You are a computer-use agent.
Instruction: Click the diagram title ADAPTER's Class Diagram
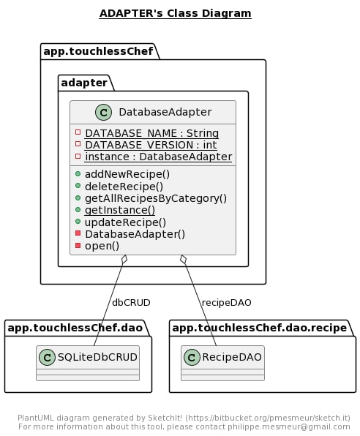pos(176,13)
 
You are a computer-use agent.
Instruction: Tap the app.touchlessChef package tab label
pos(98,51)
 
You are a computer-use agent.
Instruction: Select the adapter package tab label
pos(84,83)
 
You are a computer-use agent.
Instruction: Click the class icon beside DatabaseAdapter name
pos(103,113)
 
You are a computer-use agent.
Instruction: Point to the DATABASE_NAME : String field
pos(152,133)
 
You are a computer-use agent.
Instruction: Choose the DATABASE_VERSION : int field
pos(151,145)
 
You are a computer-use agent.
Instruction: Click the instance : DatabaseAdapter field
pos(159,157)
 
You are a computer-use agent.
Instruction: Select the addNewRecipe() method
pos(127,174)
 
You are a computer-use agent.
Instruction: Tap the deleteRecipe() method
pos(124,187)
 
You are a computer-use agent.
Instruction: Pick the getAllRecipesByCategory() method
pos(156,198)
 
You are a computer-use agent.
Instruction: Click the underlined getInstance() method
pos(120,210)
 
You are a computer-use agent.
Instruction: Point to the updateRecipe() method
pos(125,222)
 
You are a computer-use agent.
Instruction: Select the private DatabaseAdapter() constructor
pos(135,234)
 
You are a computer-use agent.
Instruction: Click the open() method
pos(102,246)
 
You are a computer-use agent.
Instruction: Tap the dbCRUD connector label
pos(131,303)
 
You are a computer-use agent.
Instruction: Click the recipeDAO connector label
pos(226,303)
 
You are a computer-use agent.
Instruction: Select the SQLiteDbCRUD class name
pos(97,357)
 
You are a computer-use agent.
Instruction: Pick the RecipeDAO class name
pos(232,357)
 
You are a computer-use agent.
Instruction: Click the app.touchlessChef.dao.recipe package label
pos(260,328)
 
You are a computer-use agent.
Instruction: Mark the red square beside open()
pos(78,245)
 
